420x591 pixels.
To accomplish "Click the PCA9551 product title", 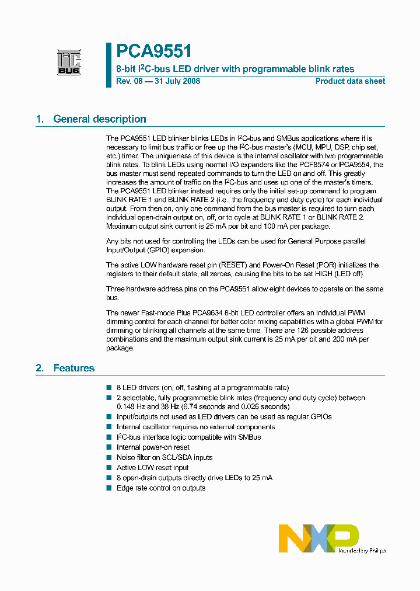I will (154, 52).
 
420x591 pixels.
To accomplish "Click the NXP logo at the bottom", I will (318, 537).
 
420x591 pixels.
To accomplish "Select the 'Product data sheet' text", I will (350, 81).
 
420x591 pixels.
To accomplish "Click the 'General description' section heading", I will (100, 119).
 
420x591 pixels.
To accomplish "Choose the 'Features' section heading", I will (74, 368).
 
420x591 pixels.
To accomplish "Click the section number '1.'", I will (40, 119).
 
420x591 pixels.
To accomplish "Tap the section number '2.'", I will (40, 368).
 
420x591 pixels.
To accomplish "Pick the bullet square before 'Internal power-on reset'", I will (109, 447).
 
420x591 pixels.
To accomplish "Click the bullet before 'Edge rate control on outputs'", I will (109, 488).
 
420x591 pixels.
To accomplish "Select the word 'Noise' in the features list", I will (126, 457).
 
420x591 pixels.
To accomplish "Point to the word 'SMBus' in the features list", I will (249, 437).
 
